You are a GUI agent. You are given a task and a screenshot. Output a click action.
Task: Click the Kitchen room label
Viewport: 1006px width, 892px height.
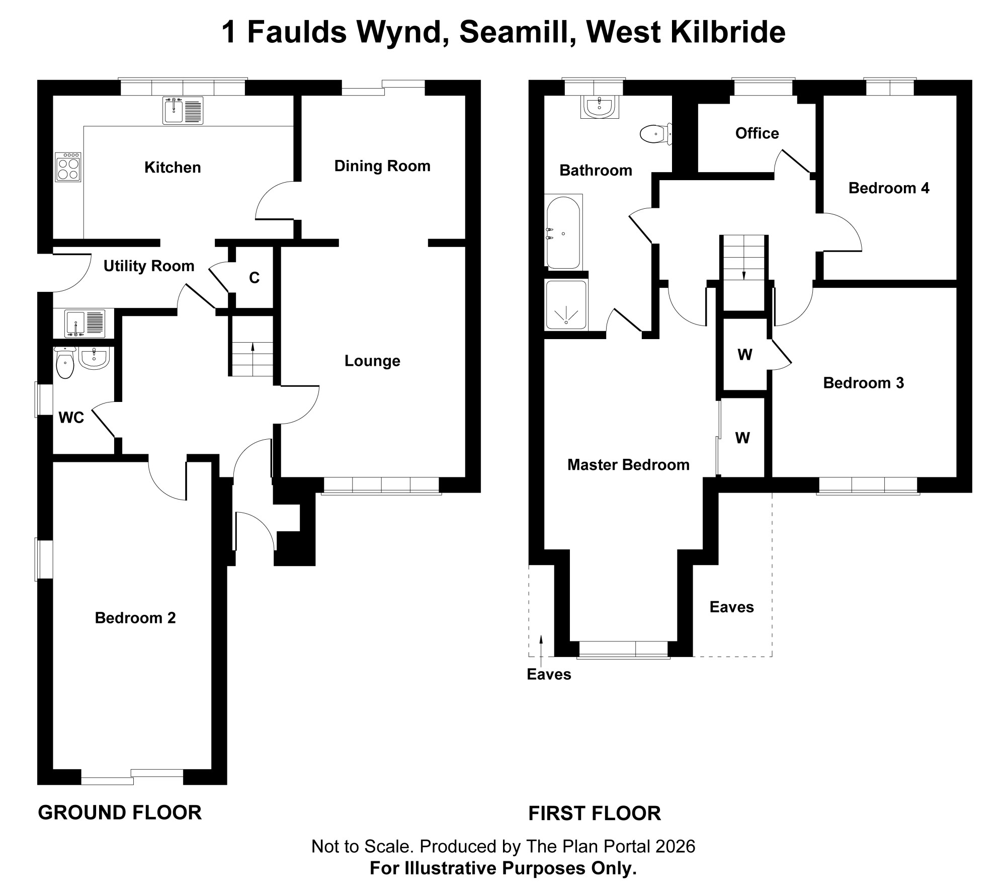click(x=173, y=168)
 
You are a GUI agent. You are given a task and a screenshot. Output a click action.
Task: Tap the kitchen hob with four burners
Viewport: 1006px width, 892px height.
click(x=68, y=167)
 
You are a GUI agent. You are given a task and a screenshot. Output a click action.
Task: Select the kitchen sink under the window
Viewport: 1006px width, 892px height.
click(x=183, y=111)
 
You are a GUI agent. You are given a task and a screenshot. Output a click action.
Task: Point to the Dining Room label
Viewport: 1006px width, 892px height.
click(x=382, y=166)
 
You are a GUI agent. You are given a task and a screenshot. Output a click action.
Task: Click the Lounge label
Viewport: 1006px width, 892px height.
click(x=372, y=361)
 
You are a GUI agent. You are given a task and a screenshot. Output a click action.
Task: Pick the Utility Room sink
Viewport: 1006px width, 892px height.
click(x=85, y=323)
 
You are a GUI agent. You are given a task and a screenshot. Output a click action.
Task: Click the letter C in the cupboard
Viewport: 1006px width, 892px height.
click(x=254, y=278)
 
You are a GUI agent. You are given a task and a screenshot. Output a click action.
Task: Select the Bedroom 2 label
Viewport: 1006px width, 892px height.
click(x=135, y=618)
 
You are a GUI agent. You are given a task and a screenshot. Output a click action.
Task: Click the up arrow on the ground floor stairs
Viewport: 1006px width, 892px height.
click(x=252, y=347)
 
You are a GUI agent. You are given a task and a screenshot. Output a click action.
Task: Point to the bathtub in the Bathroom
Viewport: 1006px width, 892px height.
click(x=563, y=232)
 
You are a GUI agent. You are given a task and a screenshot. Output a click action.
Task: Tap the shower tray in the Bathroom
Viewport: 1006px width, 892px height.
click(x=566, y=305)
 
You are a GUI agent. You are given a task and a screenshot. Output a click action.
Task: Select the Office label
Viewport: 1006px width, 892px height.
click(x=757, y=133)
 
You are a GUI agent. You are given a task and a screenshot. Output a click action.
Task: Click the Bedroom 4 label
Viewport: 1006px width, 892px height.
click(x=889, y=188)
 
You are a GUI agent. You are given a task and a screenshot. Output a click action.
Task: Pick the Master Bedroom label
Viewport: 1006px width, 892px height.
click(x=628, y=465)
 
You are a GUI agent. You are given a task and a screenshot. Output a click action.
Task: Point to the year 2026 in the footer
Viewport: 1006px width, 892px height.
click(x=675, y=846)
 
